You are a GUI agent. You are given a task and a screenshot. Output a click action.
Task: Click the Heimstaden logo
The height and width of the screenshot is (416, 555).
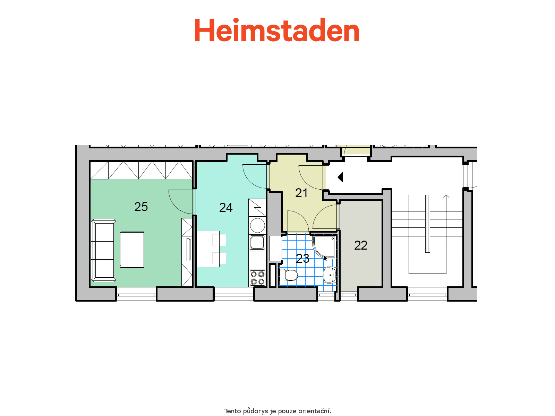tap(276, 30)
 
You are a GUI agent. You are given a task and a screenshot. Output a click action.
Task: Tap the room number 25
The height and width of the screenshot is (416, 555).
tap(141, 207)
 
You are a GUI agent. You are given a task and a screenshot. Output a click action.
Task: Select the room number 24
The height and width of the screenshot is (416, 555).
tap(226, 208)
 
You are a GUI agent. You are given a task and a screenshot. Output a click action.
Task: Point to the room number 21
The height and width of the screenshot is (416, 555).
tap(301, 193)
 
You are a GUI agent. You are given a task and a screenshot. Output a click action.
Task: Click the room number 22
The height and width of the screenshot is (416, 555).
tap(360, 245)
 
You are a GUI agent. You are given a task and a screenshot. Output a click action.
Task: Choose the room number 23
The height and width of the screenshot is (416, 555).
tap(302, 259)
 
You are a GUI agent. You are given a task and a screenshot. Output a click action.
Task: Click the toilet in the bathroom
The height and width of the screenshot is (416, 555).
tap(289, 275)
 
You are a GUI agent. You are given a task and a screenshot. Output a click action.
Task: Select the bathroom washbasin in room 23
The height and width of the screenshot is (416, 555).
tap(330, 275)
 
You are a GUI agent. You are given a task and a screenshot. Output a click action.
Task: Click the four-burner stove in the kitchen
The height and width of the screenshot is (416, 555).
tap(257, 278)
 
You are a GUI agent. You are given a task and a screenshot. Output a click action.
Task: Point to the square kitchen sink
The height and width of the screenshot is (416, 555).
tap(257, 242)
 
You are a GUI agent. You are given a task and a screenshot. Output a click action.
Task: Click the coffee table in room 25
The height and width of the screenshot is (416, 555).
tap(132, 250)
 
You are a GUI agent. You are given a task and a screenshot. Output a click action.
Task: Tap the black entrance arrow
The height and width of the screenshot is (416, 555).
tap(340, 177)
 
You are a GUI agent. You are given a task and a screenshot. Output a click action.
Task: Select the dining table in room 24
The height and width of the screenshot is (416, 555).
tap(208, 249)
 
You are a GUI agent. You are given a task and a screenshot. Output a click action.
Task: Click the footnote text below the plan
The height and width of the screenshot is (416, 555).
tap(277, 411)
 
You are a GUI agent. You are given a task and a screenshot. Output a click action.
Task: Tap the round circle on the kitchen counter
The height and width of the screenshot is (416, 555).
tap(257, 225)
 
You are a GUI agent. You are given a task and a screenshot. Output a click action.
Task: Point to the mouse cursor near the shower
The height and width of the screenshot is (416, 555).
tap(325, 259)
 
